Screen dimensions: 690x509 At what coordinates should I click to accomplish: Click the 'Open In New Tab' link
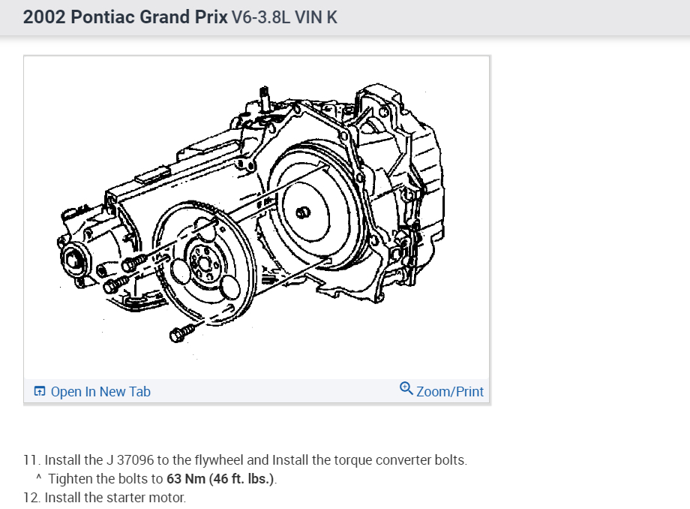100,391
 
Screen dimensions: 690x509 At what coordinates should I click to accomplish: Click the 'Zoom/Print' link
450,391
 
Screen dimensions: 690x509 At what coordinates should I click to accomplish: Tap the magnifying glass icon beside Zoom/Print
406,388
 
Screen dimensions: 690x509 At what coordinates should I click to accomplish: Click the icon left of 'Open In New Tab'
40,391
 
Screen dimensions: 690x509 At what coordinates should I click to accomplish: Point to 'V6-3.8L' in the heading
261,17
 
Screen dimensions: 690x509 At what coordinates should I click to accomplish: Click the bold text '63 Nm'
186,479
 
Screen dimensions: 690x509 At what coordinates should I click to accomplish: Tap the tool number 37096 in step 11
135,460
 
